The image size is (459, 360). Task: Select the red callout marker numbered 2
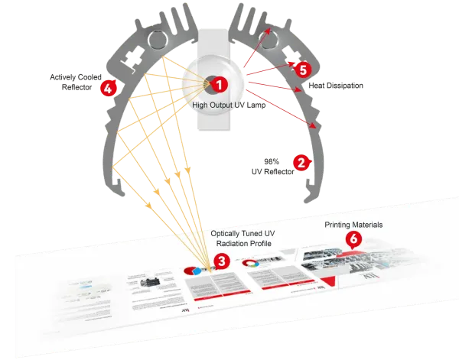coord(301,162)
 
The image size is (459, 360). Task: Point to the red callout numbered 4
coord(107,88)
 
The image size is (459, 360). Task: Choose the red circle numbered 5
coord(302,70)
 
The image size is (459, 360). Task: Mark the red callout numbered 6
coord(353,238)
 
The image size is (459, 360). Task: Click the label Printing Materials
coord(353,225)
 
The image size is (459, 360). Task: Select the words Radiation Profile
coord(240,245)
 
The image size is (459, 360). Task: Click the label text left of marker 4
coord(73,82)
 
